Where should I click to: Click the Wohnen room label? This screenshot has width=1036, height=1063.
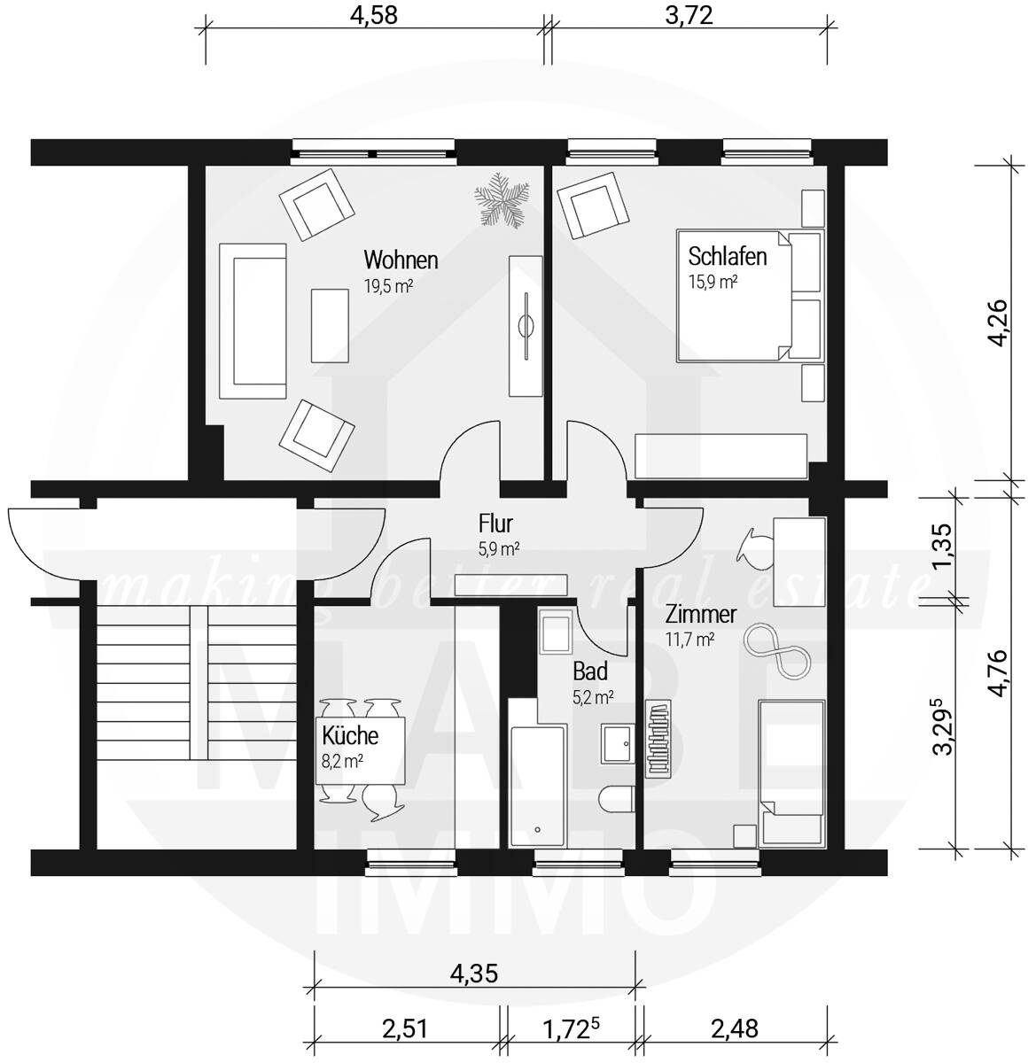click(401, 260)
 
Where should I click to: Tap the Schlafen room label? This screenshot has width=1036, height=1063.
click(727, 256)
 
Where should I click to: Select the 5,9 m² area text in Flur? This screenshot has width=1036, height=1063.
click(498, 548)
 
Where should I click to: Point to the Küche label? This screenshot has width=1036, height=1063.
click(350, 736)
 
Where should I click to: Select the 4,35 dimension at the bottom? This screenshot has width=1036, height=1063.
click(474, 973)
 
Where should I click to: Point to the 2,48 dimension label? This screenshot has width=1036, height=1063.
click(735, 1028)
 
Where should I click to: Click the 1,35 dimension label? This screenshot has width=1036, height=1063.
click(942, 547)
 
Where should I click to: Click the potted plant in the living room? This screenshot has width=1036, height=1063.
click(502, 199)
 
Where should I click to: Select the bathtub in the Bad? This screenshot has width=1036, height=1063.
click(537, 786)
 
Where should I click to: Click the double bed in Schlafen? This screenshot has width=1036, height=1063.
click(749, 296)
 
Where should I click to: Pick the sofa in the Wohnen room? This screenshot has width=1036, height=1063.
click(253, 322)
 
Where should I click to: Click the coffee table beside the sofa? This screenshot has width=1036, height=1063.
click(330, 326)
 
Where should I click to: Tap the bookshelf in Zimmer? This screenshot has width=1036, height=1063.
click(658, 739)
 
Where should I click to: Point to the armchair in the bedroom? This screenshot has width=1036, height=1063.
click(591, 206)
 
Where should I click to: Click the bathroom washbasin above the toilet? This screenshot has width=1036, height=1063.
click(618, 744)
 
